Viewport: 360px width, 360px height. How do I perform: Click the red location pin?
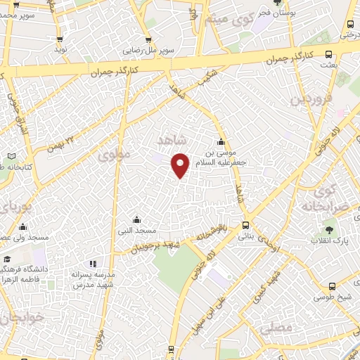pyautogui.click(x=181, y=165)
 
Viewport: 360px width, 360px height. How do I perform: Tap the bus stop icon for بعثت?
pyautogui.click(x=329, y=54)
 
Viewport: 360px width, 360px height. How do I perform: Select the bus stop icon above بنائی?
pyautogui.click(x=245, y=226)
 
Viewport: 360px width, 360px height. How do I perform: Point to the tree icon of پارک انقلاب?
pyautogui.click(x=328, y=230)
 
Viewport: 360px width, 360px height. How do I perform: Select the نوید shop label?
pyautogui.click(x=60, y=49)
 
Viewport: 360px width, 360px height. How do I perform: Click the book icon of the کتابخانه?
pyautogui.click(x=10, y=156)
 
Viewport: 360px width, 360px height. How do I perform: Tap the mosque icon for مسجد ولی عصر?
pyautogui.click(x=23, y=226)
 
